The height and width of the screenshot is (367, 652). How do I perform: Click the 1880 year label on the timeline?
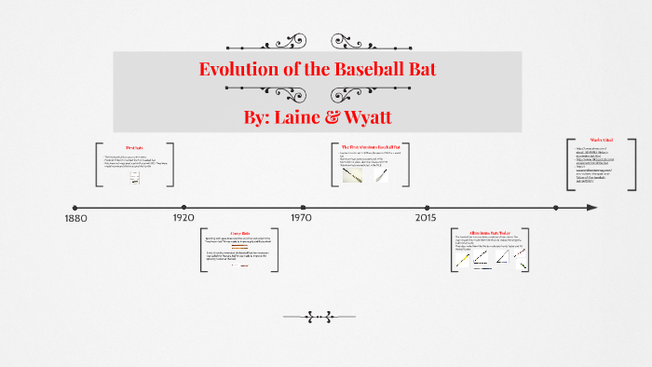tap(76, 218)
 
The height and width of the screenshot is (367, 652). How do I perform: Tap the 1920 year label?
tap(183, 218)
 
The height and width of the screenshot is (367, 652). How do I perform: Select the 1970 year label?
tap(301, 218)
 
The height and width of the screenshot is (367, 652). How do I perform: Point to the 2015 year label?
tap(425, 218)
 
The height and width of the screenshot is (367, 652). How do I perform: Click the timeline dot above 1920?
tap(184, 208)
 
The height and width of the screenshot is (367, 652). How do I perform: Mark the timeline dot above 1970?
tap(303, 208)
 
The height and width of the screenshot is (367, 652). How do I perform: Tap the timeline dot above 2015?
tap(427, 208)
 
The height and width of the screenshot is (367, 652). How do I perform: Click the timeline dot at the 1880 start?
tap(75, 208)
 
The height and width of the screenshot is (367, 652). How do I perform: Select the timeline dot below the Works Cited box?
tap(556, 208)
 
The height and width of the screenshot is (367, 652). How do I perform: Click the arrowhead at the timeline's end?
tap(591, 208)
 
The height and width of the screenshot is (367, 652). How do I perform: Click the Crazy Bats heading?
tap(240, 233)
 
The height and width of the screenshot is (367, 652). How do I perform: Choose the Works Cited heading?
tap(601, 142)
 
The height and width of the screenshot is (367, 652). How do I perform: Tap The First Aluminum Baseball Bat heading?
tap(371, 147)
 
